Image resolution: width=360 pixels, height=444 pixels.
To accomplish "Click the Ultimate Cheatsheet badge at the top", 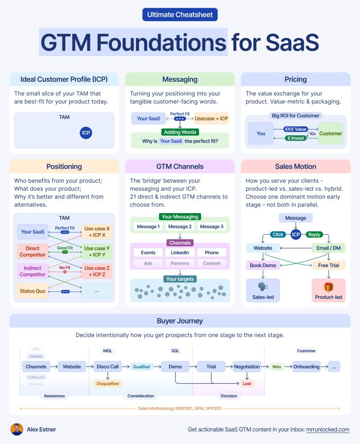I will (180, 14).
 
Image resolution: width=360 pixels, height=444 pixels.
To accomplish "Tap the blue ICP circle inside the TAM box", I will (86, 133).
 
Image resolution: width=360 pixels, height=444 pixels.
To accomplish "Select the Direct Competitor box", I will (32, 251).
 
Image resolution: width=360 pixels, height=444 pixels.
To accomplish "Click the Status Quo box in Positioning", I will (32, 291).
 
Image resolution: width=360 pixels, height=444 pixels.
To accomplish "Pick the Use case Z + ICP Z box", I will (97, 271).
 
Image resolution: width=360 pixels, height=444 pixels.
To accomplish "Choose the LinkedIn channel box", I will (180, 253).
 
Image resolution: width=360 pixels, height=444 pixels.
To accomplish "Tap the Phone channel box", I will (211, 253).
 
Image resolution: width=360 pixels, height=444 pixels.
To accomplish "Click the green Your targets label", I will (180, 279).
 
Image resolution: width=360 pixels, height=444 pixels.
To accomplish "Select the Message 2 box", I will (180, 226).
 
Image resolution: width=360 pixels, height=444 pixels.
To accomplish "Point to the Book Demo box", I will (263, 265).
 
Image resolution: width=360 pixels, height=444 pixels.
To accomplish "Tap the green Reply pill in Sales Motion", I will (315, 234).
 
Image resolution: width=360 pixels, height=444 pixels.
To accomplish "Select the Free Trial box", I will (328, 265).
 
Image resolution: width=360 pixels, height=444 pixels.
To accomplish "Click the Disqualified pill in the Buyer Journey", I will (108, 384).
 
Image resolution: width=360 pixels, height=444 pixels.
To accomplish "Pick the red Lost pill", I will (247, 384).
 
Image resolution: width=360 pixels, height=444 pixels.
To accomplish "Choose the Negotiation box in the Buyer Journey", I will (247, 367).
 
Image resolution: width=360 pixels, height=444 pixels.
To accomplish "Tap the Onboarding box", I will (306, 367).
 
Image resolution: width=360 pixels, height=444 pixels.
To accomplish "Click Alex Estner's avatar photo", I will (17, 429).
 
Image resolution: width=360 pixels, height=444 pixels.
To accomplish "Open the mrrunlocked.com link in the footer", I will (328, 430).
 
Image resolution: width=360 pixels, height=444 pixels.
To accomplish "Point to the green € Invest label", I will (295, 138).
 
